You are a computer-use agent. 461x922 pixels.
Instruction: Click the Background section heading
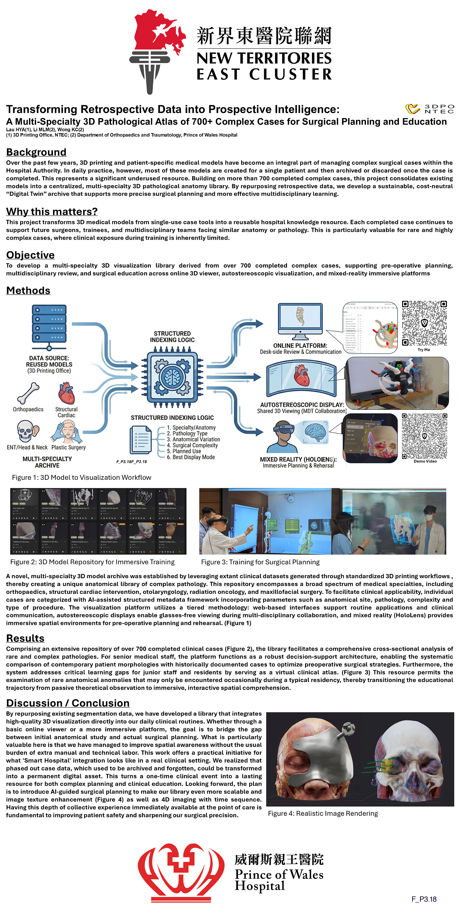click(x=36, y=152)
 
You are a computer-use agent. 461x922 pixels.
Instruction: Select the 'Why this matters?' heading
click(x=52, y=212)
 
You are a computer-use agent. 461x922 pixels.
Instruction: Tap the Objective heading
click(x=30, y=255)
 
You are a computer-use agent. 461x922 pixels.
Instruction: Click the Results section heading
click(x=25, y=638)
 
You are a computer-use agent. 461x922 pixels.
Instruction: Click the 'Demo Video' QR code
click(x=425, y=436)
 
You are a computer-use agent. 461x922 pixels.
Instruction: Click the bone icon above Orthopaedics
click(x=28, y=393)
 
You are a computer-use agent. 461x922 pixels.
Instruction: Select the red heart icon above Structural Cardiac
click(x=66, y=393)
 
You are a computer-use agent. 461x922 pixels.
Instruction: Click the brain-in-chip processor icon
click(x=172, y=377)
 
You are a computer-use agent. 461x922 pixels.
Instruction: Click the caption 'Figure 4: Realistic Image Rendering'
click(x=323, y=813)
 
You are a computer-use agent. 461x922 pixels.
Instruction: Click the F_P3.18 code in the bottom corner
click(x=424, y=899)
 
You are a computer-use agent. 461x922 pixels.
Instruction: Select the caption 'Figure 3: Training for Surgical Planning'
click(x=260, y=562)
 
